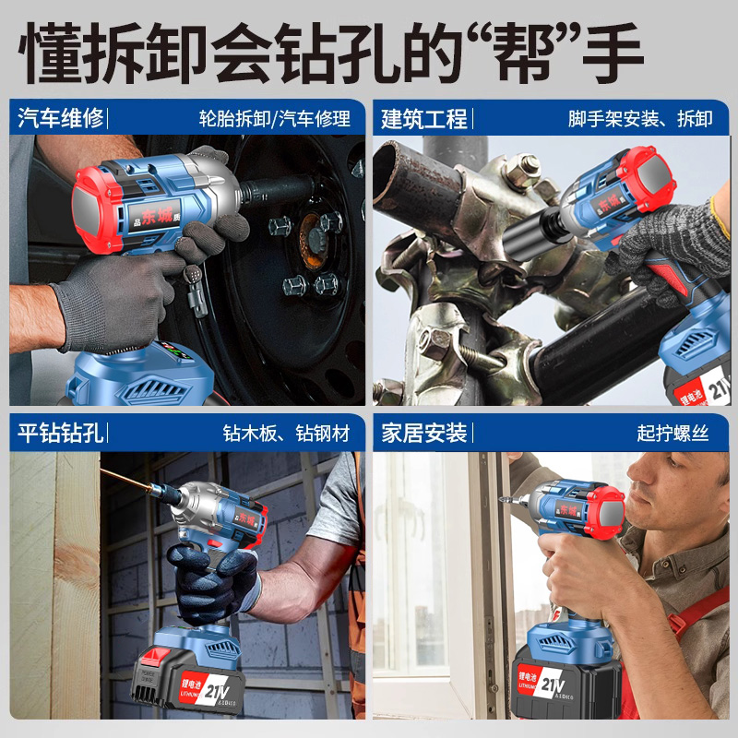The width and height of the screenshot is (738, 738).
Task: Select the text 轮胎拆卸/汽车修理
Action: tap(275, 118)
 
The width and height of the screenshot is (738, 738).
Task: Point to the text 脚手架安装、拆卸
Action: tap(640, 118)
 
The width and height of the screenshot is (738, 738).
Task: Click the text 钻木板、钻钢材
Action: tap(286, 433)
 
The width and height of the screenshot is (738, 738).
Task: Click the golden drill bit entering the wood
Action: tap(138, 483)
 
